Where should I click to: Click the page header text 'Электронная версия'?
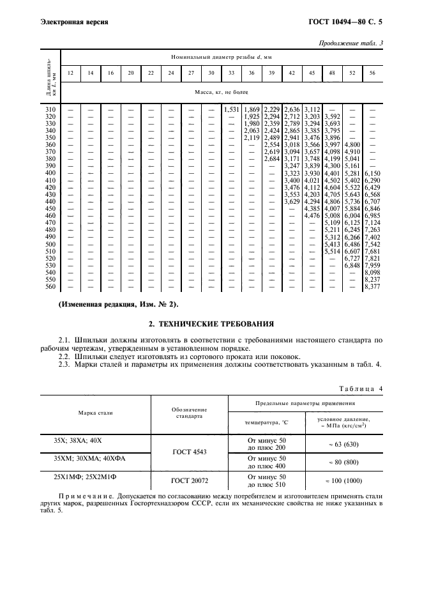pos(74,22)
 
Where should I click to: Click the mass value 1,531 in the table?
pos(231,110)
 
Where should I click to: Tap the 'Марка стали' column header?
pos(96,412)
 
